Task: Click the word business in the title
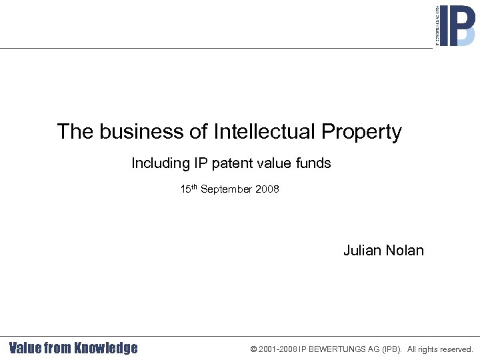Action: click(x=142, y=132)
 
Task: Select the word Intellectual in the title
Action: click(x=265, y=132)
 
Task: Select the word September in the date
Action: click(x=227, y=190)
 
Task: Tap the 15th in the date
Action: click(x=189, y=189)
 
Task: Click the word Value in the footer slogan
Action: click(x=25, y=348)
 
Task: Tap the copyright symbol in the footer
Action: click(x=253, y=349)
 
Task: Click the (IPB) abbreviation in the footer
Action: click(x=393, y=349)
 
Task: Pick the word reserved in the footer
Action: click(x=454, y=349)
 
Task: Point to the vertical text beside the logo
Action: click(x=437, y=25)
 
